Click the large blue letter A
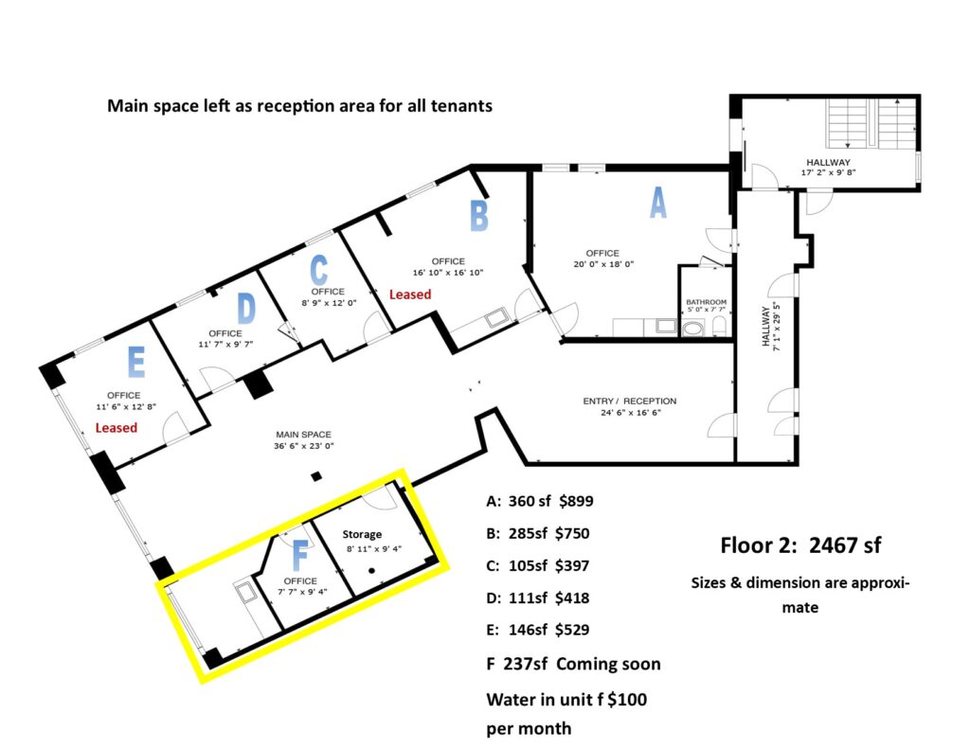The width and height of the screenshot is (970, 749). coord(658,203)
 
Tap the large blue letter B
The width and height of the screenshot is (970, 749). coord(478,216)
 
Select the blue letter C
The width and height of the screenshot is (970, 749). coord(318,270)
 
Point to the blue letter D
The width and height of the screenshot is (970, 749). coord(246,308)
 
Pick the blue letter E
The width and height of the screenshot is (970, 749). coord(136,362)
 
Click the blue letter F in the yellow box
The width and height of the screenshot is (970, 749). coord(300,556)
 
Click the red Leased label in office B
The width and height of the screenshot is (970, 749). coord(410,294)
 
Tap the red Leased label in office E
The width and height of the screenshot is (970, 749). coord(117,427)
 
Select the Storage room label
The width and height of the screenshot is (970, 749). coord(362,534)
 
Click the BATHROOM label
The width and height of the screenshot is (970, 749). coord(706,302)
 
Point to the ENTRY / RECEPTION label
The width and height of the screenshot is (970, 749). coord(630,401)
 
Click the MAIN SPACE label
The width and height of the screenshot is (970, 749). coord(304,435)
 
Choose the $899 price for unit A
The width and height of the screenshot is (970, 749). coord(576,501)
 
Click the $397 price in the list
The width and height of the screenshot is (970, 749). coord(572,566)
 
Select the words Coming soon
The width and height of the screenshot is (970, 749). coord(608,664)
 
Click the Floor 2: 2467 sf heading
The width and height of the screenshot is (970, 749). coord(800,544)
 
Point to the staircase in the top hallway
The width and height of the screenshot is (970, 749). coord(871,124)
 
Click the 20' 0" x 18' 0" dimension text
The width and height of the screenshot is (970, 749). coord(603,264)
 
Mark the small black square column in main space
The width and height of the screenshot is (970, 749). coord(316,476)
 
